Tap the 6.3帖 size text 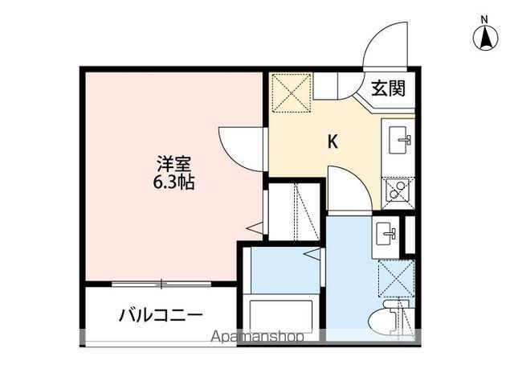click(x=174, y=181)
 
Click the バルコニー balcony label click(x=161, y=313)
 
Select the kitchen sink click(x=399, y=142)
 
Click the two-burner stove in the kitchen click(x=398, y=191)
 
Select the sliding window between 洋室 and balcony click(x=161, y=283)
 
